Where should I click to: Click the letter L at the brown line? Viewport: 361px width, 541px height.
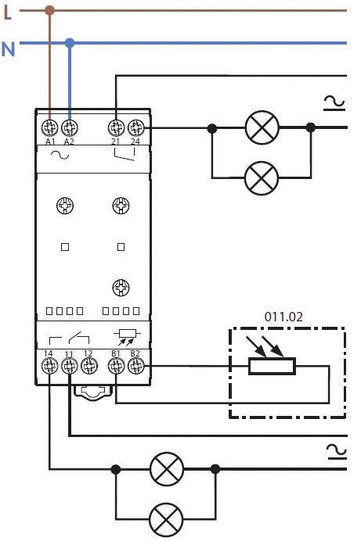tap(8, 12)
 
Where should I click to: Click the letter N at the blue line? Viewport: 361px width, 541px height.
tap(8, 48)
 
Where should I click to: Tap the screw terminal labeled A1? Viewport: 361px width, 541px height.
tap(50, 126)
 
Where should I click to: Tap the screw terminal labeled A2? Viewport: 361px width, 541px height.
tap(69, 126)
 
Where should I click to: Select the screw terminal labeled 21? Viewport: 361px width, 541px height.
tap(117, 126)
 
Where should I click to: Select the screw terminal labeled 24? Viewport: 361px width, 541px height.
tap(135, 126)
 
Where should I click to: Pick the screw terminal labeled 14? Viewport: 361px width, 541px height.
tap(49, 365)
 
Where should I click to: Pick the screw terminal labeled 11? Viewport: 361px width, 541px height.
tap(69, 365)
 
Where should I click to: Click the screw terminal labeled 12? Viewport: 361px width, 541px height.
tap(88, 365)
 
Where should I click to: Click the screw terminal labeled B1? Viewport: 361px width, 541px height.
tap(117, 365)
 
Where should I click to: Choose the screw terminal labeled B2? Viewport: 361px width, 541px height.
tap(135, 365)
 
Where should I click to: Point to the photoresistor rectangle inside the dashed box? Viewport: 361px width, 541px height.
tap(272, 366)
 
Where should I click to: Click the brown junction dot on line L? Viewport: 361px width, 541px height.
tap(50, 11)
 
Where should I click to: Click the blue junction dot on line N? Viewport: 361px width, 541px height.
tap(70, 42)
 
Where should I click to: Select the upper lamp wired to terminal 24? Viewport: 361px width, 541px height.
tap(261, 127)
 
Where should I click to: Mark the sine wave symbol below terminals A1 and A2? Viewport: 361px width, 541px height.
tap(60, 155)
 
